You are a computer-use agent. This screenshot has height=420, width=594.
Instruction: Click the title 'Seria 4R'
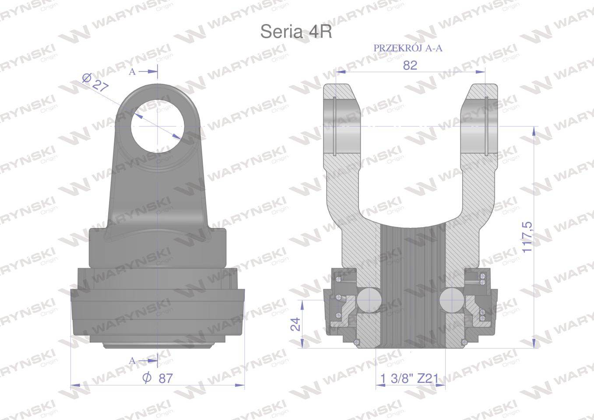pyautogui.click(x=296, y=32)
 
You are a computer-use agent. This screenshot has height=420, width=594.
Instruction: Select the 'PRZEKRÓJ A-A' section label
pyautogui.click(x=408, y=48)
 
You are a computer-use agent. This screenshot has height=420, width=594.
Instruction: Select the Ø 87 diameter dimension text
pyautogui.click(x=158, y=378)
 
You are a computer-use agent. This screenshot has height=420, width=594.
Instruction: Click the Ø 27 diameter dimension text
pyautogui.click(x=95, y=82)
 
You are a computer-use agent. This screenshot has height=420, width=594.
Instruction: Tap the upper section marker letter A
pyautogui.click(x=132, y=72)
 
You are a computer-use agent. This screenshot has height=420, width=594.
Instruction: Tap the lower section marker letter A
pyautogui.click(x=132, y=361)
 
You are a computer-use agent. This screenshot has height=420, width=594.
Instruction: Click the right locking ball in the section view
pyautogui.click(x=451, y=300)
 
